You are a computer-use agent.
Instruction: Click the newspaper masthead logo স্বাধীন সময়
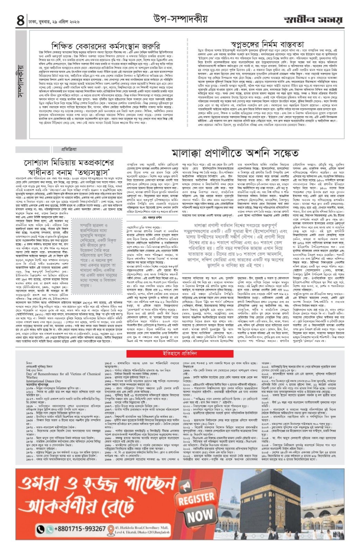[313, 20]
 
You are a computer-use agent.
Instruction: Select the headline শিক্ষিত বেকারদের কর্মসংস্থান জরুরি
[106, 46]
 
